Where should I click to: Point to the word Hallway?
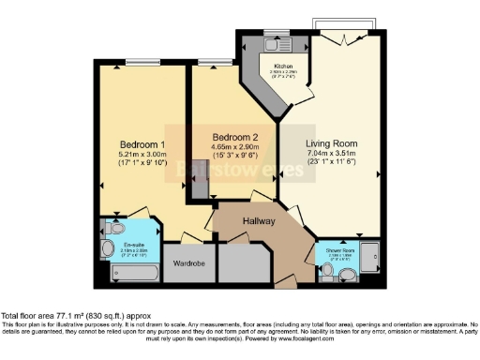click(x=260, y=220)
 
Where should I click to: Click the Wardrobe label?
click(x=188, y=263)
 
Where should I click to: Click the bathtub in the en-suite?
click(x=134, y=274)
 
